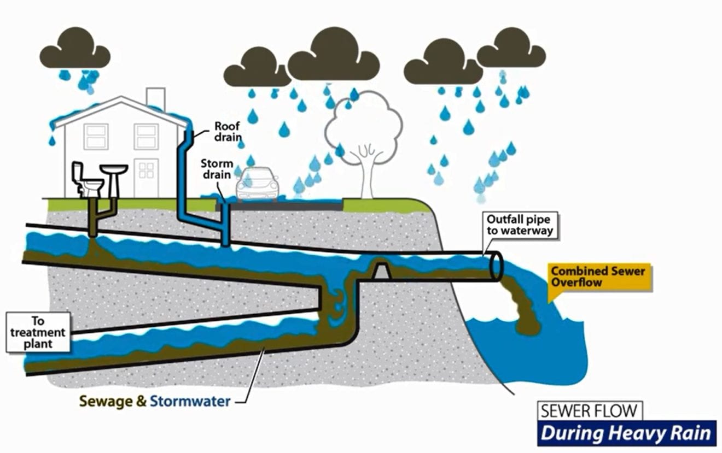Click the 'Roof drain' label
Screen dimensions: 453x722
coord(227,132)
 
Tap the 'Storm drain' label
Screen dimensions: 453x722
coord(217,169)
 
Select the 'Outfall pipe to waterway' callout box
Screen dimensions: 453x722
coord(521,225)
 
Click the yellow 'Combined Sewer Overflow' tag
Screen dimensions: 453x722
coord(598,276)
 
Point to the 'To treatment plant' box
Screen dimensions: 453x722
coord(38,332)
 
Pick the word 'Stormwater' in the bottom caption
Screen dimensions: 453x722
coord(190,401)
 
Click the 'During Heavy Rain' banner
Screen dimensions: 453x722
coord(626,433)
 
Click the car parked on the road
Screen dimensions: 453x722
coord(257,185)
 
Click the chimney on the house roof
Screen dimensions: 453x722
coord(155,98)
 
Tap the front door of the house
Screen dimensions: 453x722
coord(146,177)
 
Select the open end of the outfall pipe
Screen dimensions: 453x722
coord(496,266)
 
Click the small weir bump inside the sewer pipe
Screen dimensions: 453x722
coord(381,268)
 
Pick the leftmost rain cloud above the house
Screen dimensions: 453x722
coord(75,50)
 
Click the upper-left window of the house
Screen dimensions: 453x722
coord(96,137)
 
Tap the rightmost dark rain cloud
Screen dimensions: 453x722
coord(511,49)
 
